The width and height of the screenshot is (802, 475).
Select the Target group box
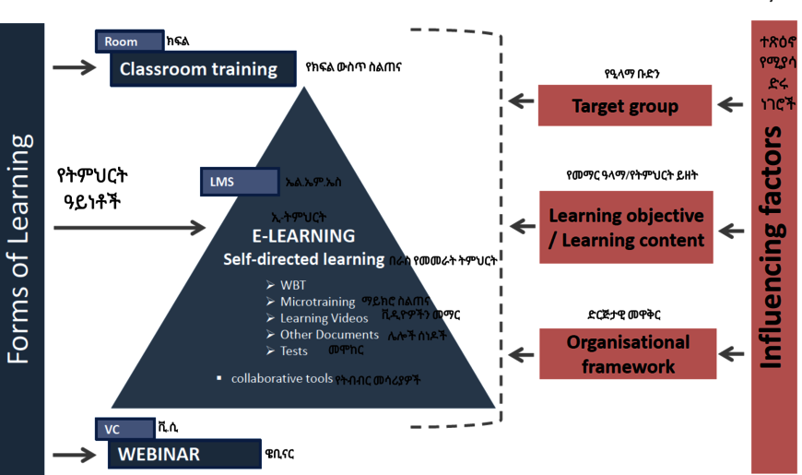click(625, 106)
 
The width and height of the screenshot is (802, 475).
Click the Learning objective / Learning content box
click(626, 227)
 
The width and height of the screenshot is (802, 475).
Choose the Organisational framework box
click(627, 353)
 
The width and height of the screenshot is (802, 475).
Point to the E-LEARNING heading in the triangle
click(303, 236)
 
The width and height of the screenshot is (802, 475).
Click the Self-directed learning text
click(303, 259)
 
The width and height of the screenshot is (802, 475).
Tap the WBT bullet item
click(292, 285)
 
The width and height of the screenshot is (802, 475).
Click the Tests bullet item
click(293, 350)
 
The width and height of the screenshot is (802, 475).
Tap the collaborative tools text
click(281, 378)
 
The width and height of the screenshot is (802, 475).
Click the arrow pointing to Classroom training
click(74, 67)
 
